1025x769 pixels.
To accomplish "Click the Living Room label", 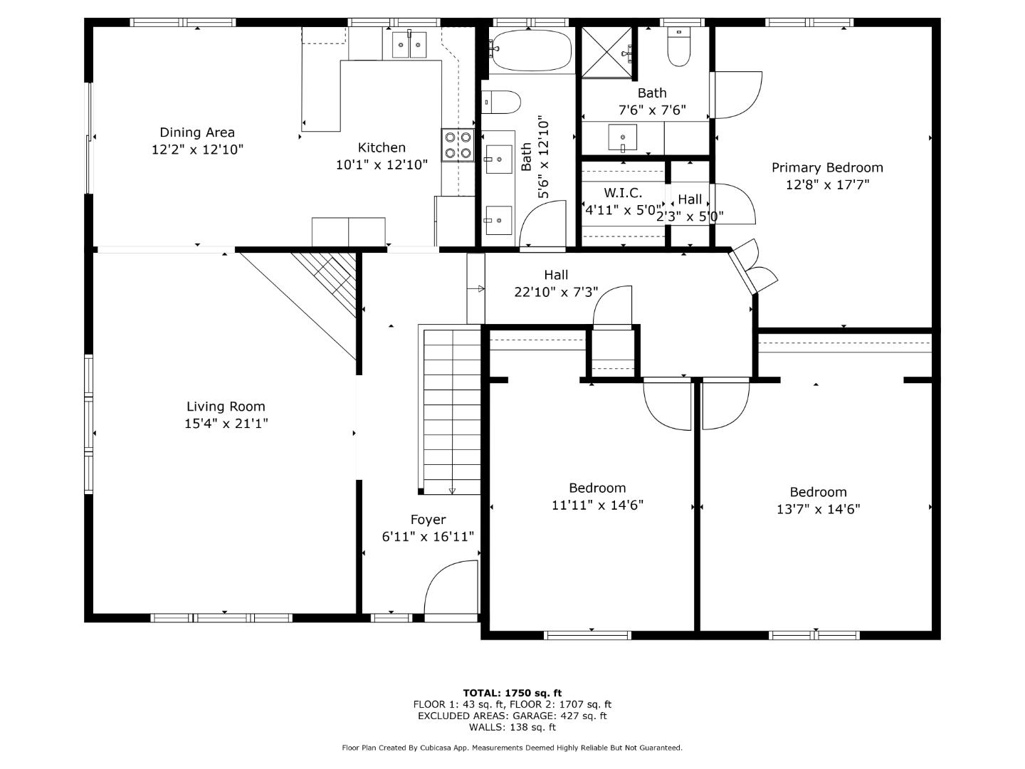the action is click(226, 406).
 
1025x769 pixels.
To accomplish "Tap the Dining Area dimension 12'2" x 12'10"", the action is click(198, 150).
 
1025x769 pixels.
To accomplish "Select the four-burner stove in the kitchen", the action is click(458, 145).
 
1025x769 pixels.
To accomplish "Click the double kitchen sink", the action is click(409, 45).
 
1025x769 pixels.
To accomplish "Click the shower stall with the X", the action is click(606, 52).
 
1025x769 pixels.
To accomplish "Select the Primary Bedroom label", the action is click(827, 167).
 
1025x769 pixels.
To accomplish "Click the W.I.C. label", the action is click(623, 193).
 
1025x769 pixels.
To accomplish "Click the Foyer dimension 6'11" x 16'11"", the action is click(428, 536).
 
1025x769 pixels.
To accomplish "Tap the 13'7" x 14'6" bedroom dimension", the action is click(818, 509).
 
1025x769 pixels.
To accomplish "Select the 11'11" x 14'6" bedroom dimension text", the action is click(597, 506).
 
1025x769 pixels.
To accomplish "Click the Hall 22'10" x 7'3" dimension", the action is click(556, 292).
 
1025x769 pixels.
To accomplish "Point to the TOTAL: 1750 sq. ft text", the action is click(512, 693).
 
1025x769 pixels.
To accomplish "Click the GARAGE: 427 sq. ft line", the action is click(560, 716).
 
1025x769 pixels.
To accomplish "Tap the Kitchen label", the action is click(382, 147).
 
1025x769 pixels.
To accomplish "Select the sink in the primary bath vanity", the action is click(622, 137).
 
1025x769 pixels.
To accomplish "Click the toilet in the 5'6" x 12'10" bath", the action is click(501, 103).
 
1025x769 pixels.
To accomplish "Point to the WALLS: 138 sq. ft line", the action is click(512, 727).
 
